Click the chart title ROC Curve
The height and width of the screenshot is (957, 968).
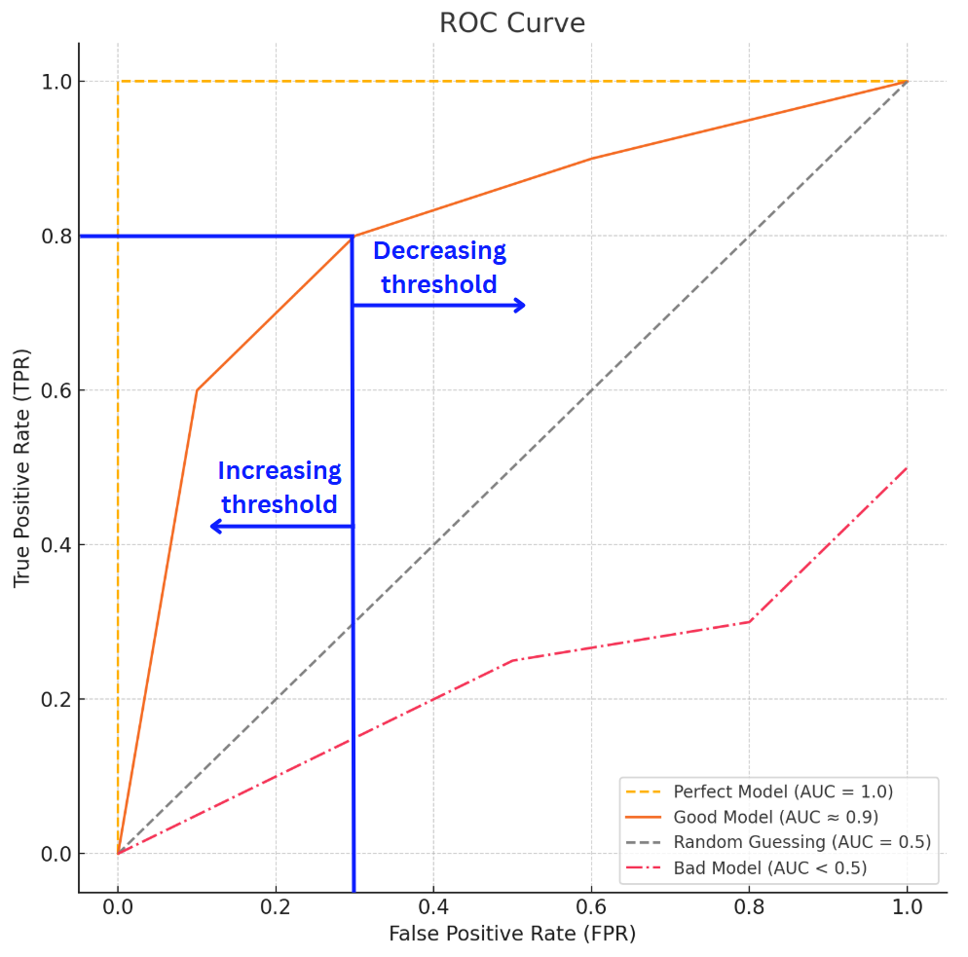[x=512, y=22]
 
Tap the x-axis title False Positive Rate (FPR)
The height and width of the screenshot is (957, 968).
[x=512, y=935]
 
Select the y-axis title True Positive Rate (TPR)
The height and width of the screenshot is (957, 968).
[x=22, y=467]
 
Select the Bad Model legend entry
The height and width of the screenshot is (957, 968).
[x=769, y=867]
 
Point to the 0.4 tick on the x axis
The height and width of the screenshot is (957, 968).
[x=433, y=904]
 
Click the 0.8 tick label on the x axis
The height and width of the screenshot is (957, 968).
[x=749, y=904]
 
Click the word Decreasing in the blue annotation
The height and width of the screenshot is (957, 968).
[x=439, y=251]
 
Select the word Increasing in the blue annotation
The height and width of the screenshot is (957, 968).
[x=279, y=471]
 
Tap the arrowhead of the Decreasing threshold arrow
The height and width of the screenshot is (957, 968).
[x=520, y=306]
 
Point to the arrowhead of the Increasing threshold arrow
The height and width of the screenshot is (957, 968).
[x=215, y=527]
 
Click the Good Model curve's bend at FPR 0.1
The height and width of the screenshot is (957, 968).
[x=197, y=390]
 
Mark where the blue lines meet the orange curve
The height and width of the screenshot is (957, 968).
[x=352, y=236]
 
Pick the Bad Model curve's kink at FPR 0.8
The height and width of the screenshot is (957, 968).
[x=749, y=621]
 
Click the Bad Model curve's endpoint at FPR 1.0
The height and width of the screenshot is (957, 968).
[x=907, y=467]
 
